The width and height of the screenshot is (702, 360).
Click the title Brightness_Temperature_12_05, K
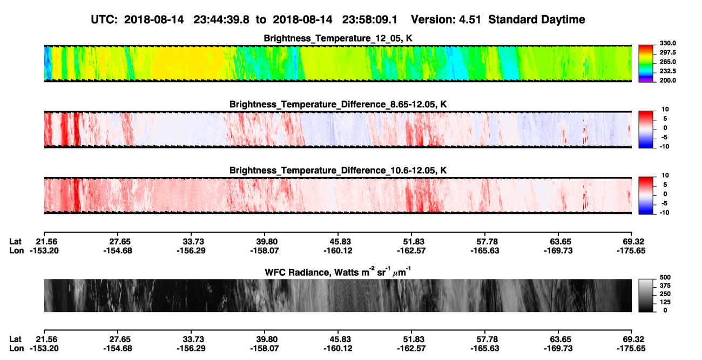(x=338, y=38)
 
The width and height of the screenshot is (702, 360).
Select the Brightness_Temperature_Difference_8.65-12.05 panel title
(x=338, y=104)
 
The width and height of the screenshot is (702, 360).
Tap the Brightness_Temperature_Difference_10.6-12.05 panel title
(x=338, y=171)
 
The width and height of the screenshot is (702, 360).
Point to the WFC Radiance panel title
(x=338, y=272)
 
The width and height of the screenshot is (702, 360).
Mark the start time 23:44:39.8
(x=221, y=19)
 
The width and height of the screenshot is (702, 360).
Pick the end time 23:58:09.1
(x=370, y=19)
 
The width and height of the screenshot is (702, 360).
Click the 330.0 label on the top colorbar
(x=667, y=43)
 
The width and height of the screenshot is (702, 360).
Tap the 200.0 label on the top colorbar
(x=667, y=80)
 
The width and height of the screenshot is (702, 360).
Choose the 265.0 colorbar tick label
(x=667, y=62)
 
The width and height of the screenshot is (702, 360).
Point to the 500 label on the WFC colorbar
(x=665, y=277)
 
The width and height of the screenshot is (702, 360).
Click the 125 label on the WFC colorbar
(x=665, y=302)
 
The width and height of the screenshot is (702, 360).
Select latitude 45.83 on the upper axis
(x=340, y=242)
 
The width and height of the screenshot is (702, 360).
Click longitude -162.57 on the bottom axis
(x=411, y=349)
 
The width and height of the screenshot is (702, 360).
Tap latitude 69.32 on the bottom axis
(x=633, y=339)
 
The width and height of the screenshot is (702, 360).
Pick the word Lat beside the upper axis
(x=15, y=242)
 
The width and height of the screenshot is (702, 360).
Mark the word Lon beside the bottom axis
(x=16, y=349)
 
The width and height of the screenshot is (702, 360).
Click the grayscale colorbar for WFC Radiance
(x=646, y=295)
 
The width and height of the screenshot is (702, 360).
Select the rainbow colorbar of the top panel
(x=646, y=64)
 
